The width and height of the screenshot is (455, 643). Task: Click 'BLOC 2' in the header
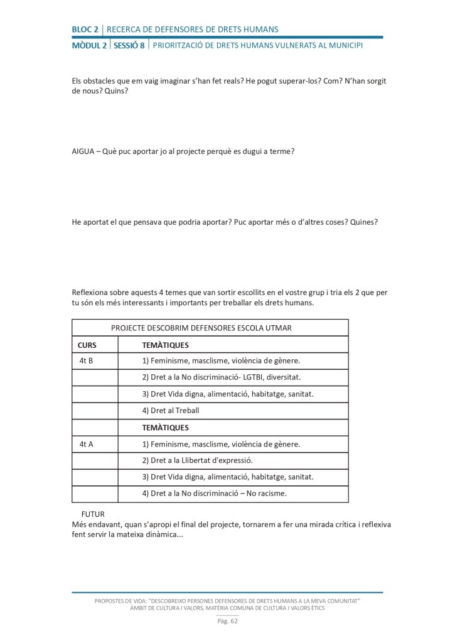(85, 29)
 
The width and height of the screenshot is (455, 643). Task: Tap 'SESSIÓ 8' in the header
(129, 46)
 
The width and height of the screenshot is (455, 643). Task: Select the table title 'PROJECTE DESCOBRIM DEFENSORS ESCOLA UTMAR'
(201, 328)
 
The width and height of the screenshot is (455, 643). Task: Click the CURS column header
(87, 345)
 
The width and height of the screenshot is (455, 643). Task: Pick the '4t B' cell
(86, 361)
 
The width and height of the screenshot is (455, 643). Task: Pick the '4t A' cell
(86, 444)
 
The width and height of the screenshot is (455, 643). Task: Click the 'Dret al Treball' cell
(170, 411)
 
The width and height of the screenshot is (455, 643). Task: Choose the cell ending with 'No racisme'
(214, 494)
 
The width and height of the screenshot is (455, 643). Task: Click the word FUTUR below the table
(93, 514)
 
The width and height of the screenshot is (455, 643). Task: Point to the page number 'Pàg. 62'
(227, 622)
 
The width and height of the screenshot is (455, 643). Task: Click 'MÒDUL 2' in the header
(89, 46)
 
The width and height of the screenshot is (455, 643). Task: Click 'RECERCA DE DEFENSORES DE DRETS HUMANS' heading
(193, 29)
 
